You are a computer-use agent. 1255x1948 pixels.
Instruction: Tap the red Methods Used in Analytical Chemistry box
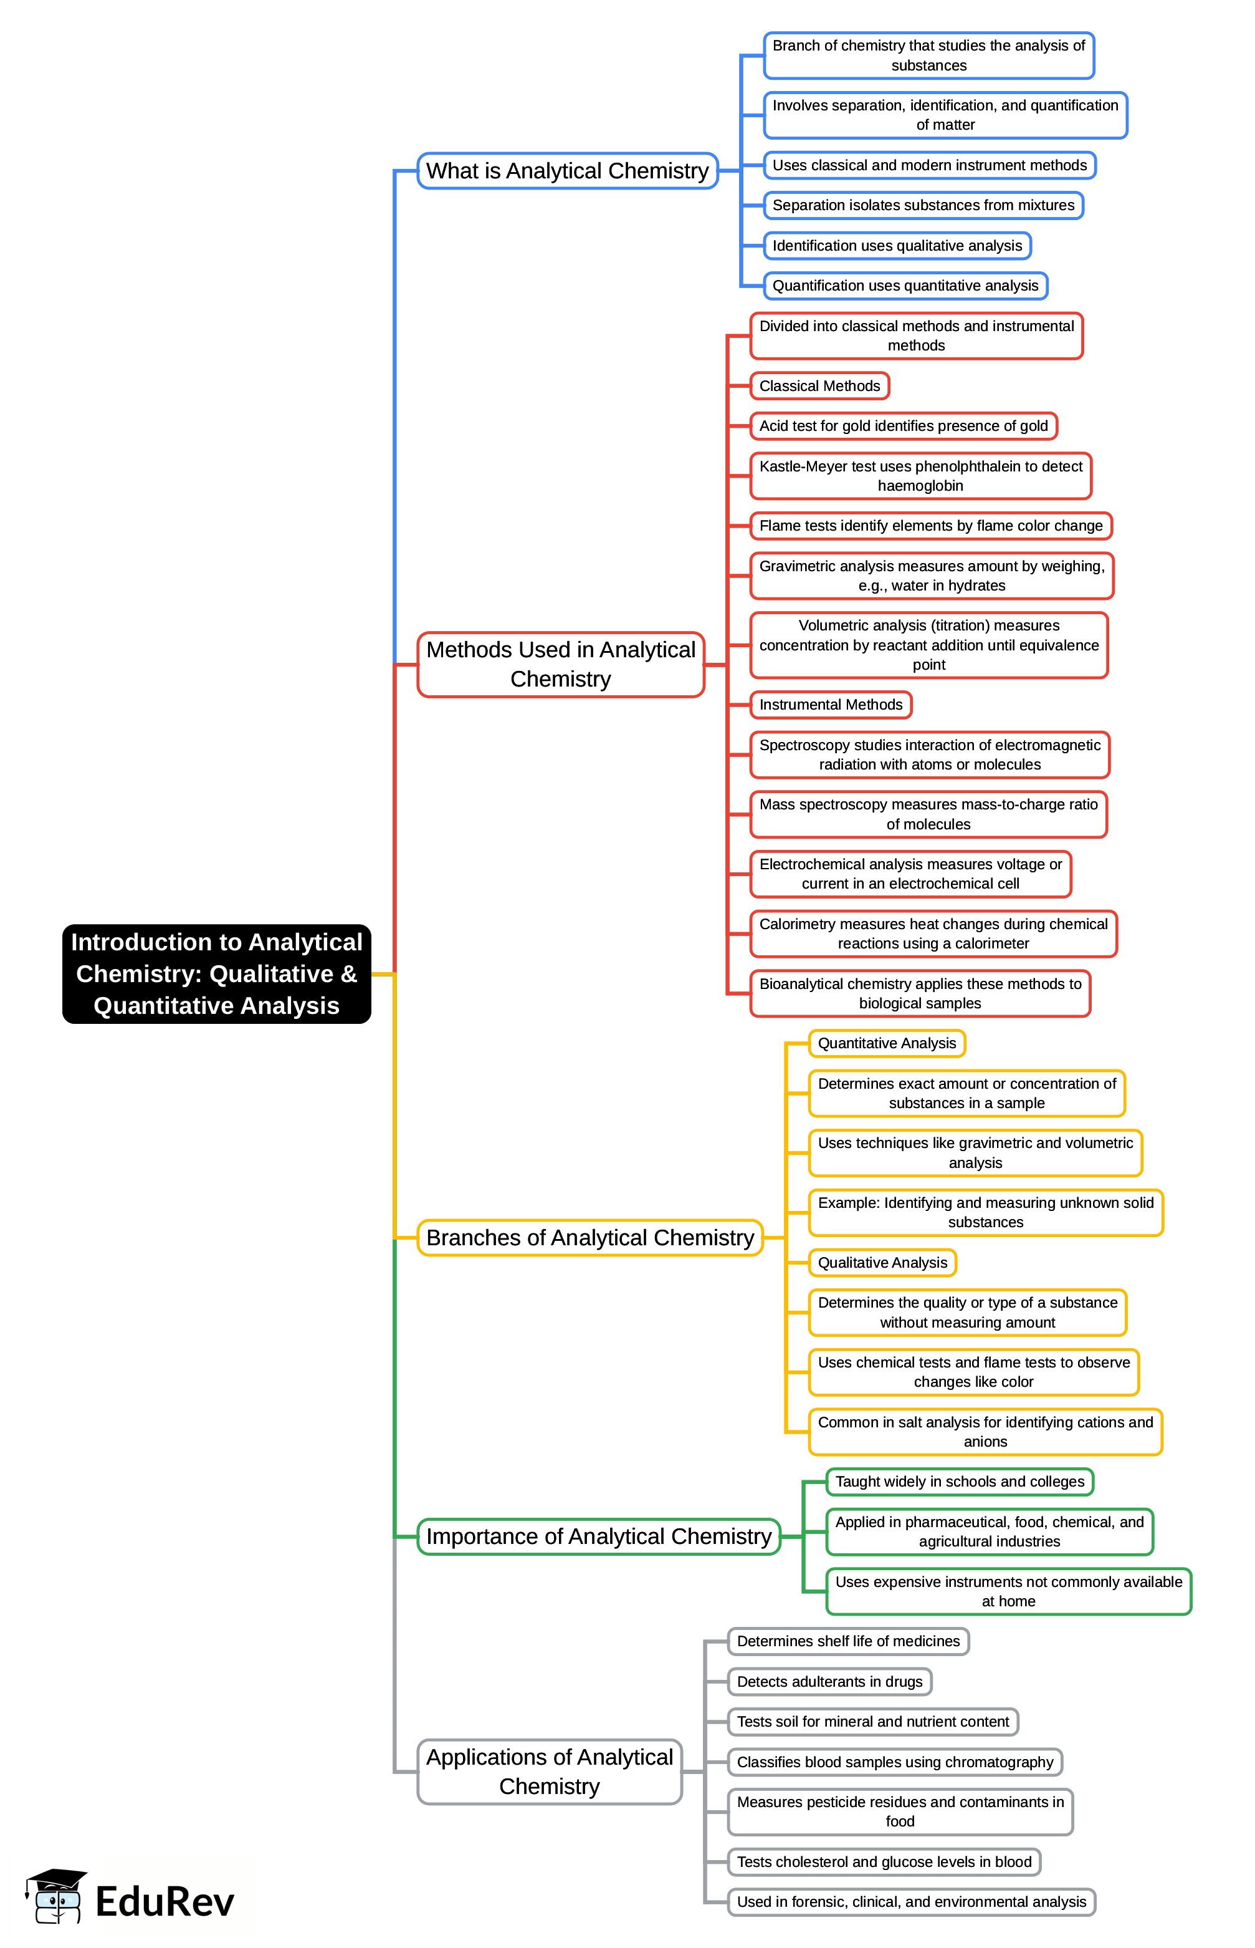click(561, 665)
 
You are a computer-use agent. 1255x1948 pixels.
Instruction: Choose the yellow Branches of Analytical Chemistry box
click(590, 1238)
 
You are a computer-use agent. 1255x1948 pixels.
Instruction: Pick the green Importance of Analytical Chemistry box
click(599, 1536)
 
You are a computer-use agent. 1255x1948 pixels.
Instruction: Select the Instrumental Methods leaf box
click(831, 705)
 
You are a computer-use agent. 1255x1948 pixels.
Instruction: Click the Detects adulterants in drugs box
click(829, 1681)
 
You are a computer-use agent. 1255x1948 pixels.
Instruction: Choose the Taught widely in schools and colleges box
click(959, 1482)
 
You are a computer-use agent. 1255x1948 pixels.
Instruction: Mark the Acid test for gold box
click(903, 426)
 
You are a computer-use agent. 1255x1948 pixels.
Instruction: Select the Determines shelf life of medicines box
click(848, 1641)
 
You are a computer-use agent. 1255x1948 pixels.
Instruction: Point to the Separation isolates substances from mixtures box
click(923, 206)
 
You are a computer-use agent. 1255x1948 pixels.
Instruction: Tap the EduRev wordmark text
click(165, 1901)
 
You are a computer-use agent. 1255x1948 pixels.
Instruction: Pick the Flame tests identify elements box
click(930, 526)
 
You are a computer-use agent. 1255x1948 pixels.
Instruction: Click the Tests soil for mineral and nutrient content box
click(873, 1721)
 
